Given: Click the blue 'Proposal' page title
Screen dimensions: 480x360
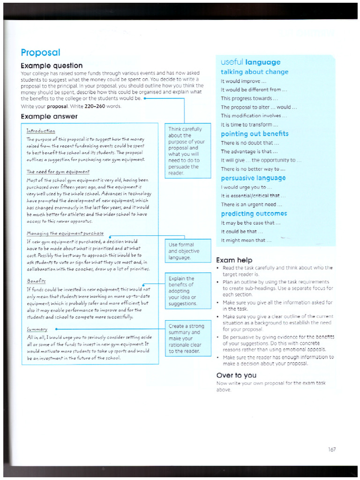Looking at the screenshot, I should pos(40,52).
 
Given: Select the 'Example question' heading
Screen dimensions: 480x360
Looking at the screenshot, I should pos(52,66).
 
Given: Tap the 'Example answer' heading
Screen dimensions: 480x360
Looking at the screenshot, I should pos(49,116).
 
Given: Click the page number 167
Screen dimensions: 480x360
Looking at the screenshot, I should pos(332,450).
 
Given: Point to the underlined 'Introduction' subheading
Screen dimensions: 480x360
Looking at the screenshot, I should pos(41,131).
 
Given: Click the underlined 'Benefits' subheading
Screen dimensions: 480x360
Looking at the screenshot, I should pos(37,281).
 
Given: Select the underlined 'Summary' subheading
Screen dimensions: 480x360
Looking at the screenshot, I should pos(37,330).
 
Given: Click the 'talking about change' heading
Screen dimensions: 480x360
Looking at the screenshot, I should pos(255,72).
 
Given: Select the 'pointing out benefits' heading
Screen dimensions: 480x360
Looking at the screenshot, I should pos(255,134).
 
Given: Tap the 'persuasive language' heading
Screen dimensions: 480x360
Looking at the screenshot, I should pos(253,178).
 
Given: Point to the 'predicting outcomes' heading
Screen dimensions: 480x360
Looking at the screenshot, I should pos(254,214).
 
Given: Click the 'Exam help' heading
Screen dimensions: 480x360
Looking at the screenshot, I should pos(234,260).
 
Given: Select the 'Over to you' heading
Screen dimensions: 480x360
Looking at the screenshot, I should pos(236,375).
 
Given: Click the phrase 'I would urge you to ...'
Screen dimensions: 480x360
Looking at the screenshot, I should pos(246,187).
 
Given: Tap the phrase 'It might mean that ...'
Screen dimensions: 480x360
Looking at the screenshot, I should pos(246,240).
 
